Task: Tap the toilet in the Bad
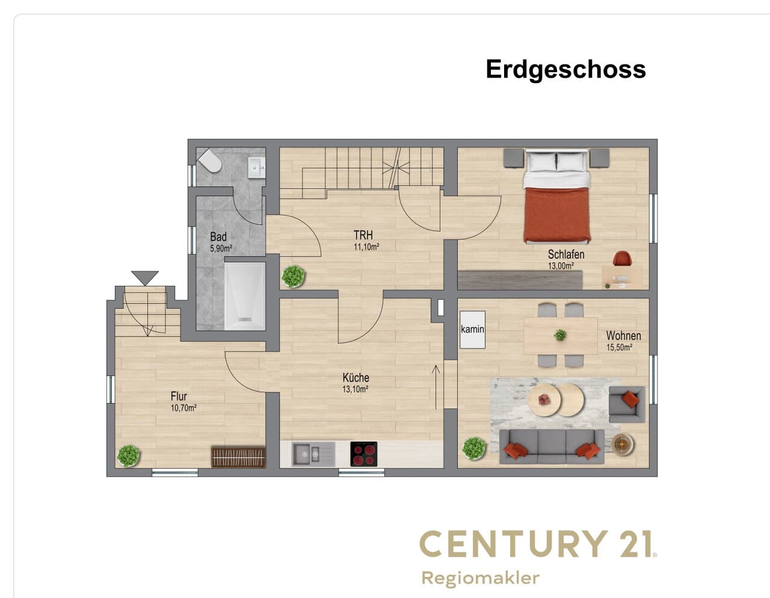click(210, 161)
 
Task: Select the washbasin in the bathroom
click(256, 167)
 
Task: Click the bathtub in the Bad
click(245, 296)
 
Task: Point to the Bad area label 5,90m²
click(221, 248)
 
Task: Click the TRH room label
click(363, 235)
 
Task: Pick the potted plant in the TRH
click(293, 276)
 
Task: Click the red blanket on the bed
click(557, 215)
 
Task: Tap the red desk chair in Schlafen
click(623, 258)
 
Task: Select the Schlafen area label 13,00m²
click(561, 266)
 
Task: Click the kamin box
click(472, 330)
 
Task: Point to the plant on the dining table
click(560, 334)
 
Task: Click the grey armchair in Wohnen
click(627, 404)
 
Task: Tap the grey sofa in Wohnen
click(552, 447)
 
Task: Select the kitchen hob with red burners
click(363, 454)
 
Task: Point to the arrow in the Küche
click(436, 387)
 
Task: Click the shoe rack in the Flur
click(238, 457)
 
